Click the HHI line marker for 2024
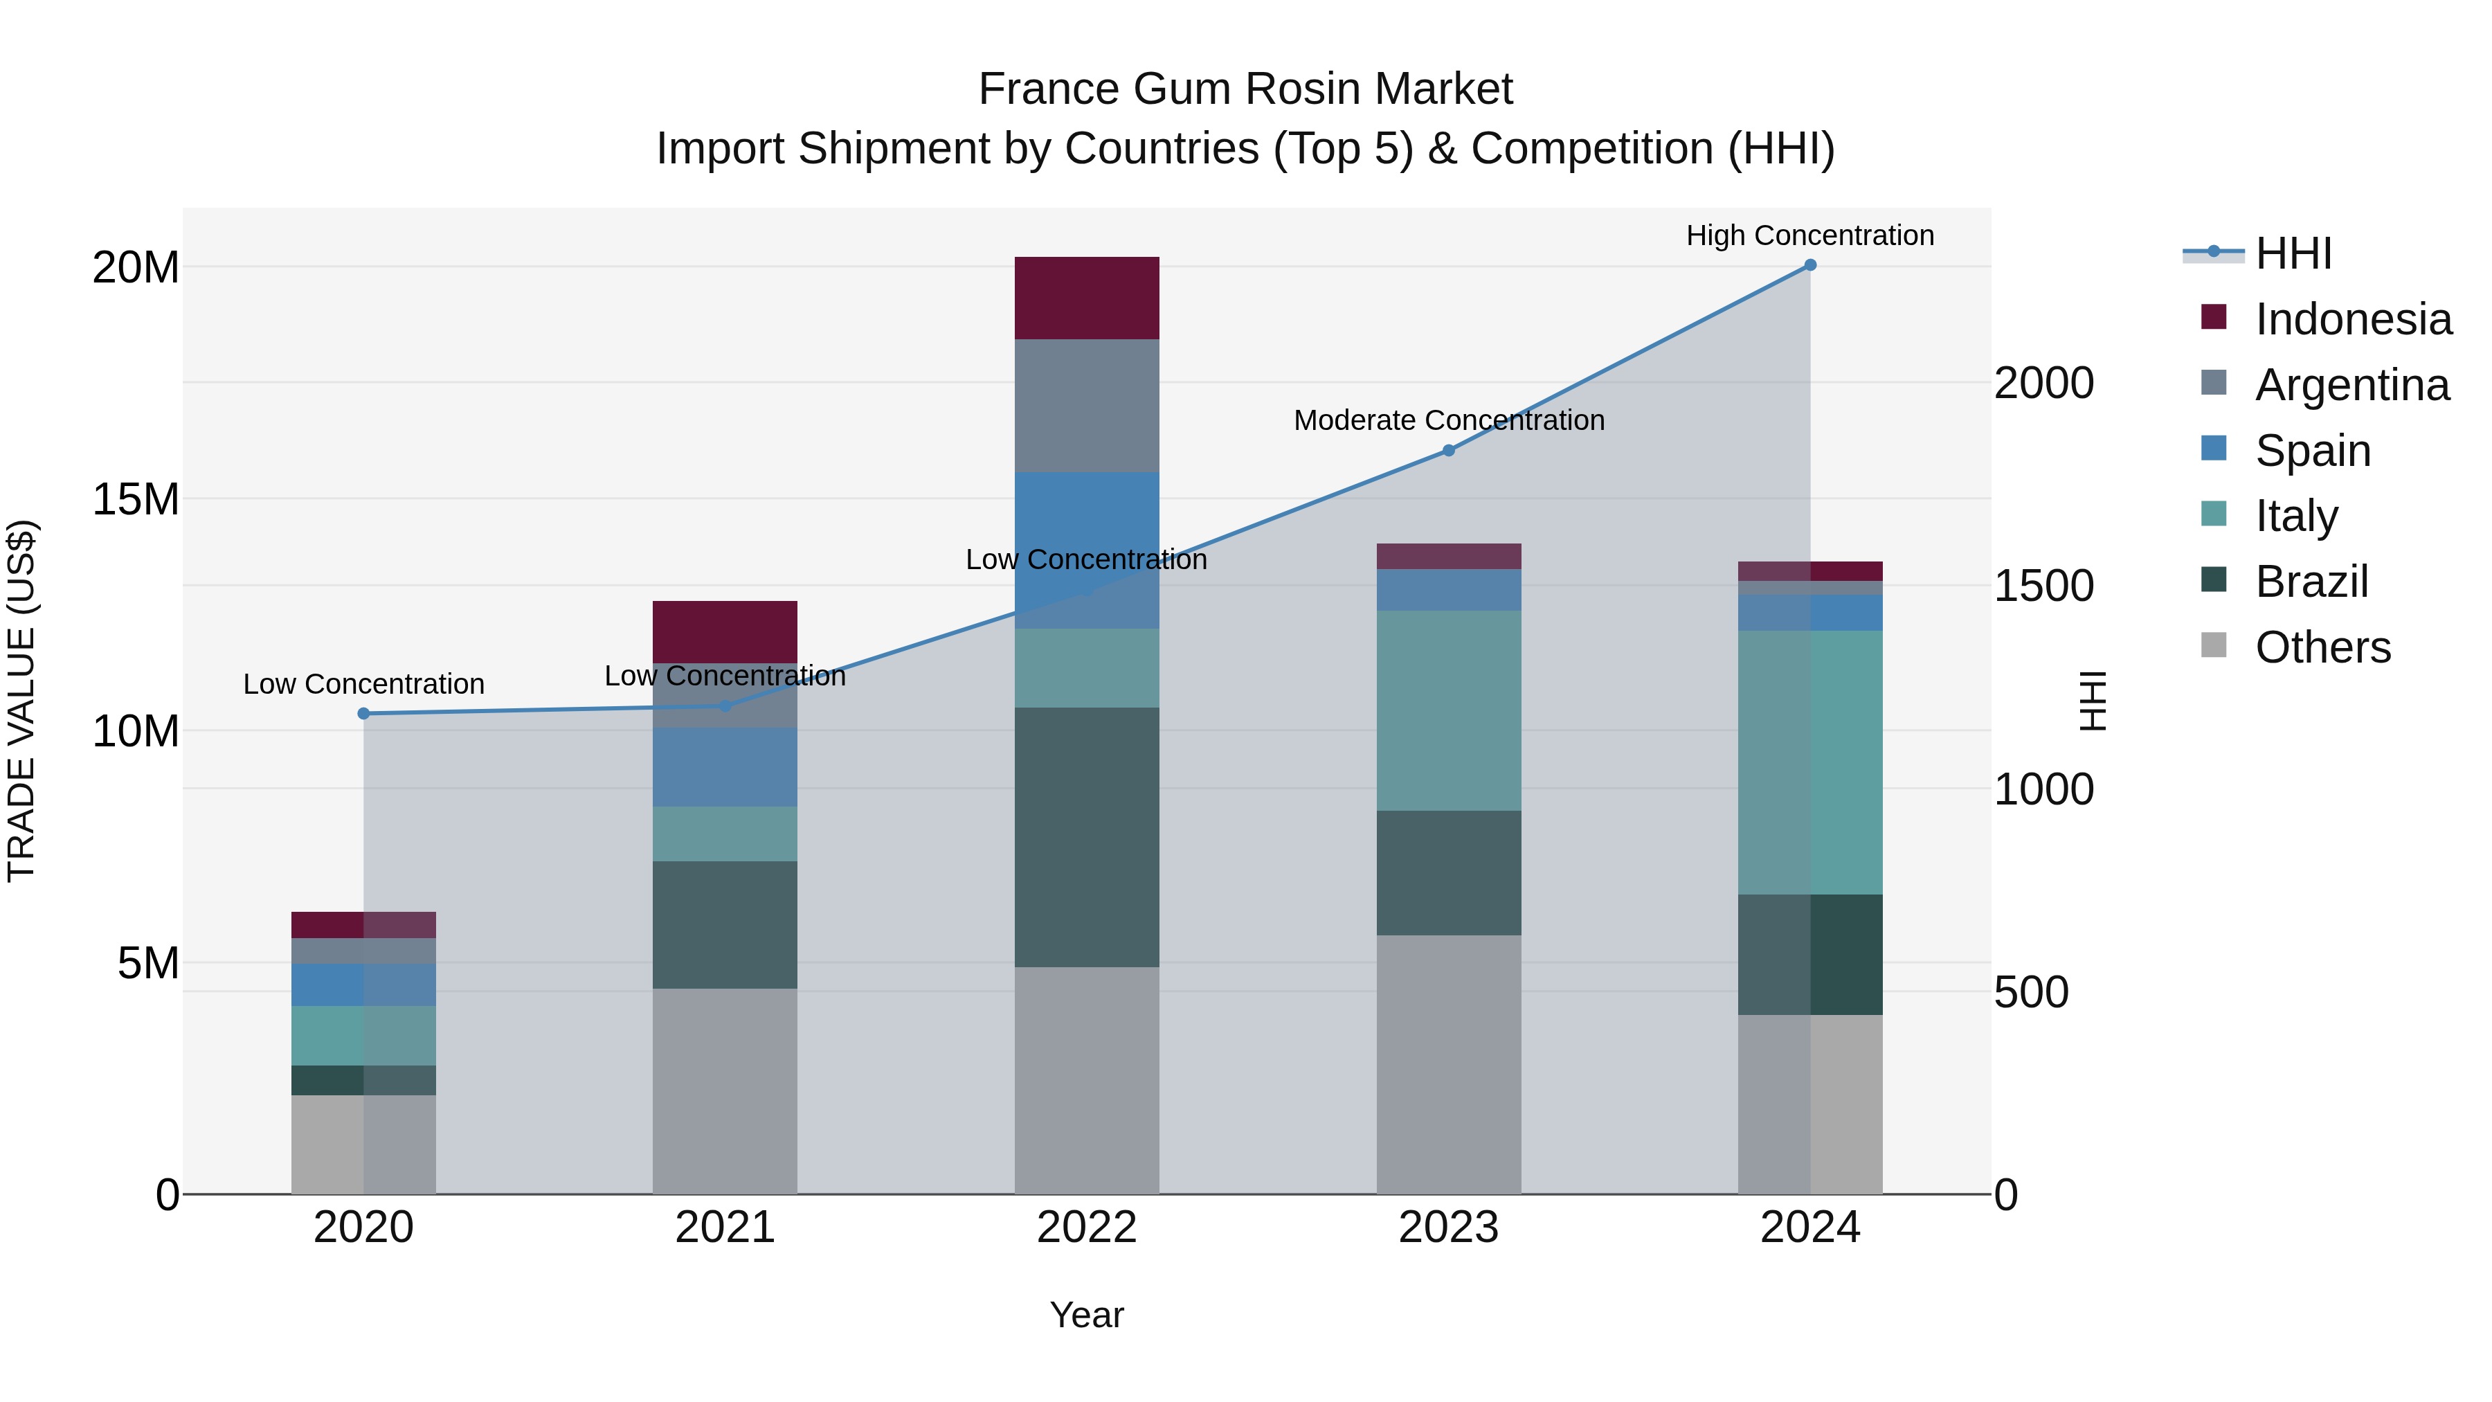click(1810, 265)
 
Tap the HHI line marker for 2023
click(1448, 451)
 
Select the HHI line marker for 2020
click(363, 714)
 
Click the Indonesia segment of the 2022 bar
click(1086, 298)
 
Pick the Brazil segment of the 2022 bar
click(1086, 837)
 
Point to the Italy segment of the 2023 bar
click(1448, 710)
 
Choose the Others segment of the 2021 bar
click(725, 1090)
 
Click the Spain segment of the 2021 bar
click(725, 767)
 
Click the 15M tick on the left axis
click(136, 499)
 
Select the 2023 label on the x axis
click(1448, 1228)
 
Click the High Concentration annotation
click(1810, 235)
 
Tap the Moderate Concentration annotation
click(1448, 420)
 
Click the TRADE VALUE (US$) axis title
click(21, 701)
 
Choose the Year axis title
click(1086, 1315)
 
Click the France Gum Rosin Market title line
click(1245, 89)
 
